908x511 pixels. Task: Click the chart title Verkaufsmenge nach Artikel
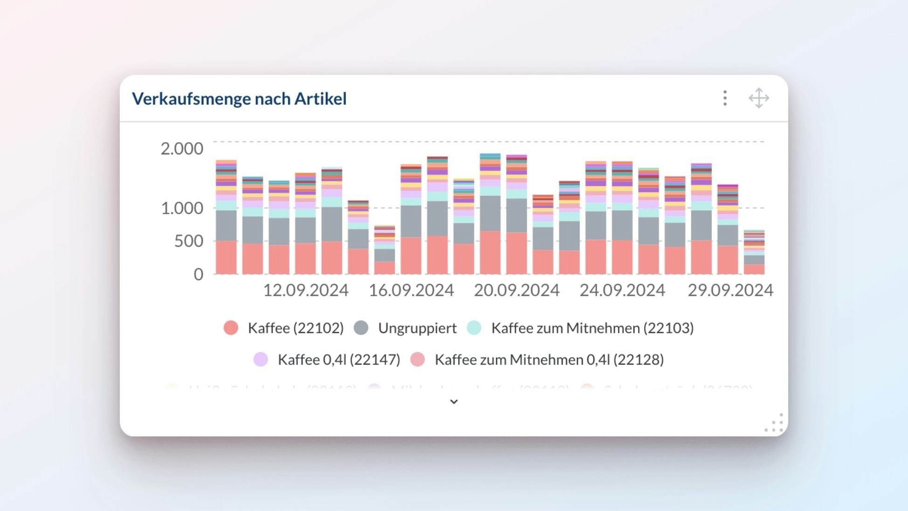pos(239,99)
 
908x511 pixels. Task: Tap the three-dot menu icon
pos(725,98)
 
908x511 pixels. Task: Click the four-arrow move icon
pos(759,98)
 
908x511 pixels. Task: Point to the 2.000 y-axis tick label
pos(182,149)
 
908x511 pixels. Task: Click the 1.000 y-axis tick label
pos(182,208)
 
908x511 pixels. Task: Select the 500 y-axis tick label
pos(188,241)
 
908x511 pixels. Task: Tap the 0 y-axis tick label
pos(199,274)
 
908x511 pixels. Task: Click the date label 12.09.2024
pos(306,290)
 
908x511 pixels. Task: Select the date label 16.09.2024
pos(411,290)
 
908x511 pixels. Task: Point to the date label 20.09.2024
pos(516,290)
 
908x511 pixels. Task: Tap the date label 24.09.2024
pos(622,290)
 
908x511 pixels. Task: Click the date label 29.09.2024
pos(730,290)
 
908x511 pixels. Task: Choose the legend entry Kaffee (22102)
pos(296,328)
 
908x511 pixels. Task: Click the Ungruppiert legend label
pos(417,328)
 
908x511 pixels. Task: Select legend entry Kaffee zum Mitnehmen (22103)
pos(592,328)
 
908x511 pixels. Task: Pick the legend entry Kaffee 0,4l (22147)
pos(339,360)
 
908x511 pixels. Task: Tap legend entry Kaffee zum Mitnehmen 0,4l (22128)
pos(549,360)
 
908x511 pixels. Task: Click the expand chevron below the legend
pos(454,401)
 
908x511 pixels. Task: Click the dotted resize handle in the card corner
pos(775,423)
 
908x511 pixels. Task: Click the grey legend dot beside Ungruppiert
pos(361,328)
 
